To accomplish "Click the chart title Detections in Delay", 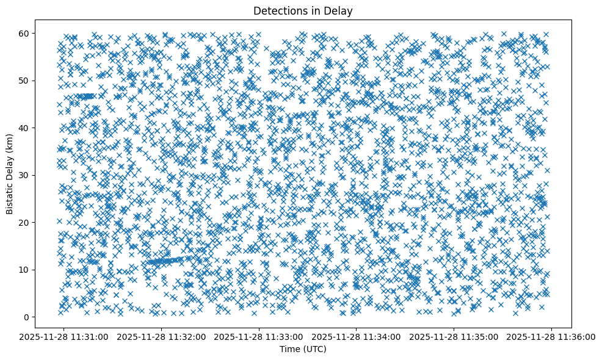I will [x=303, y=11].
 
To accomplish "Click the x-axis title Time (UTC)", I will [x=303, y=349].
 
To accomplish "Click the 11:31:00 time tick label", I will [x=65, y=336].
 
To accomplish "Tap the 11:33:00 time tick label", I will [x=259, y=336].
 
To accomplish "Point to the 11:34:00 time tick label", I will [x=357, y=336].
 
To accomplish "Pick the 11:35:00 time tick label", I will [x=454, y=336].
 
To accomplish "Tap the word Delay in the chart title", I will [x=341, y=11].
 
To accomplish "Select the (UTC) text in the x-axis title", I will [x=314, y=349].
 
